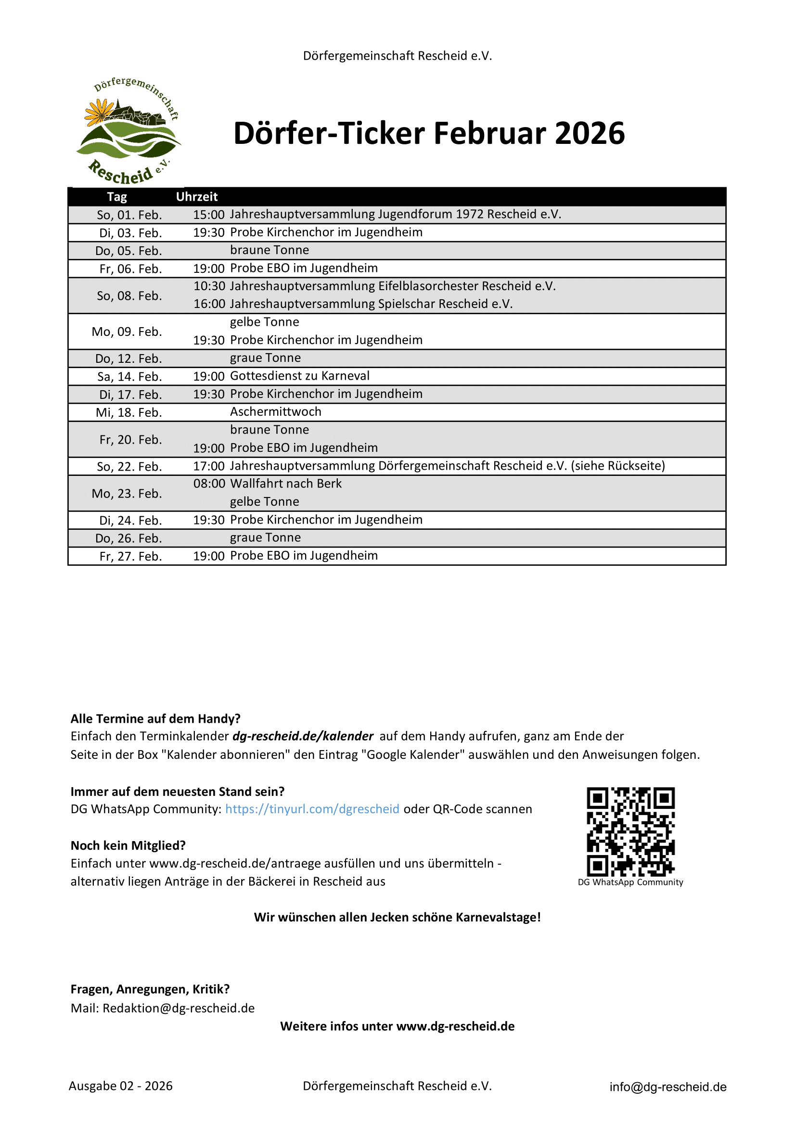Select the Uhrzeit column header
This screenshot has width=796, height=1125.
pyautogui.click(x=196, y=197)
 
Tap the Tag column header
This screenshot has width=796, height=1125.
pyautogui.click(x=116, y=197)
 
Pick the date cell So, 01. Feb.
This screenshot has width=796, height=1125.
pyautogui.click(x=129, y=215)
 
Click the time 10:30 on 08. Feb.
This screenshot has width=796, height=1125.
pyautogui.click(x=209, y=286)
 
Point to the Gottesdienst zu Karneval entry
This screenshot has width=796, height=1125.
pyautogui.click(x=299, y=376)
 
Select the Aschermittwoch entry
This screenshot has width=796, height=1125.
pyautogui.click(x=275, y=411)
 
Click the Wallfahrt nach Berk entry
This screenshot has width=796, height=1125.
pyautogui.click(x=286, y=484)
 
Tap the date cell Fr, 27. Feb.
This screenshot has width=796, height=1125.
pyautogui.click(x=130, y=557)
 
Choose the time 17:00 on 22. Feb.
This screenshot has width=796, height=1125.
pyautogui.click(x=209, y=466)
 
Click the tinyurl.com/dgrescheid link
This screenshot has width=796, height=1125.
pyautogui.click(x=312, y=809)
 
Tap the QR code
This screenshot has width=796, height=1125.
pyautogui.click(x=630, y=831)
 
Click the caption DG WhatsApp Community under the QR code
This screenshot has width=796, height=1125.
pyautogui.click(x=630, y=882)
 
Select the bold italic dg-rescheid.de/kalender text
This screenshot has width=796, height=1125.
pyautogui.click(x=303, y=736)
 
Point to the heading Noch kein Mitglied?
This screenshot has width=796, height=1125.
pyautogui.click(x=128, y=846)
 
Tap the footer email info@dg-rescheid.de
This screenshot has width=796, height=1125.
pyautogui.click(x=668, y=1087)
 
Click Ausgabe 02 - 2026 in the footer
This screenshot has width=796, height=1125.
pyautogui.click(x=121, y=1087)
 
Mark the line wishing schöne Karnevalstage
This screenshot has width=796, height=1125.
pyautogui.click(x=397, y=917)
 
